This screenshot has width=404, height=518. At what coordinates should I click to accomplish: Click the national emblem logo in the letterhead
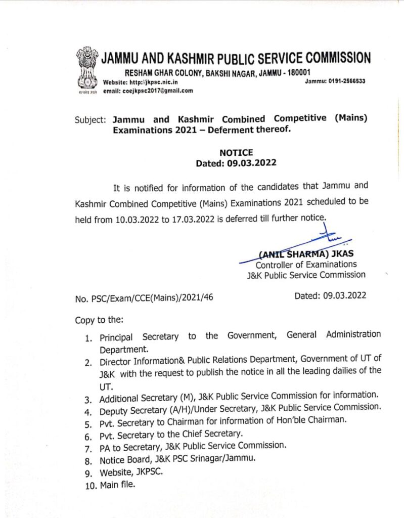86,68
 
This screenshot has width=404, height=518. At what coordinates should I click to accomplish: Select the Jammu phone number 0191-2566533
347,81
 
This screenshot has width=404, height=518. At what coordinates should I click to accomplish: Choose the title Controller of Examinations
306,264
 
